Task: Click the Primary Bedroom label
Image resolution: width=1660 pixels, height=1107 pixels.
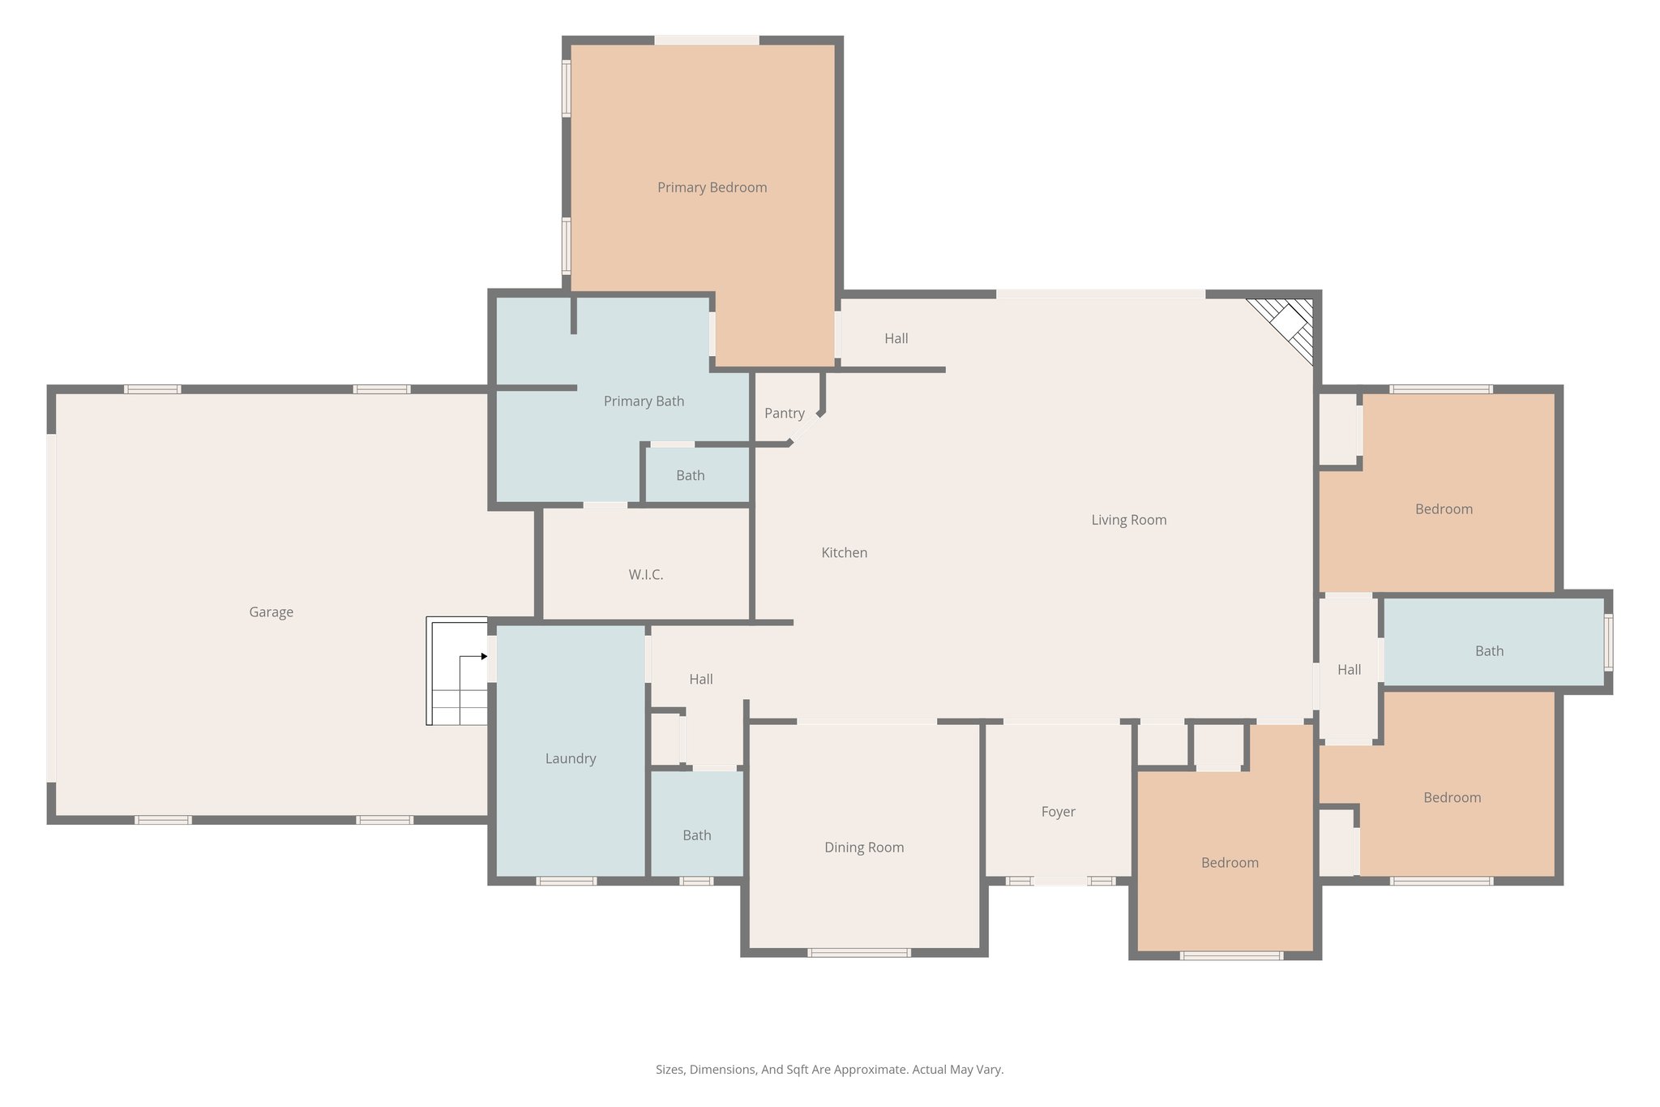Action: [712, 187]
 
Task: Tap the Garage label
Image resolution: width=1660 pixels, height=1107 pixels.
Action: [271, 612]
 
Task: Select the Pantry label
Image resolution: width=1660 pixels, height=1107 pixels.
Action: [784, 414]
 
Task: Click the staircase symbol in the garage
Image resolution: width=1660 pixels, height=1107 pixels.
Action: [457, 671]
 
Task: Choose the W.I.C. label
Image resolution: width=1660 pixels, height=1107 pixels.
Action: [645, 575]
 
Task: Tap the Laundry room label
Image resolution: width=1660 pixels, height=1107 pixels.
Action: [570, 759]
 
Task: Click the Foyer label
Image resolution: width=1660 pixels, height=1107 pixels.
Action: [1058, 812]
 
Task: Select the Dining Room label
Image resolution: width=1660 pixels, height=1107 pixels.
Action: [863, 847]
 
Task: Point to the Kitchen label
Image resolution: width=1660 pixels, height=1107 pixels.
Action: [844, 553]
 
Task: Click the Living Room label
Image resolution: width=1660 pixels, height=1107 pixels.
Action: [1128, 521]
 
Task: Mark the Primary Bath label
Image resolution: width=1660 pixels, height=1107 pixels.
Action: [644, 401]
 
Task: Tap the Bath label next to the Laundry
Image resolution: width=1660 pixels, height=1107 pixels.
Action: [696, 835]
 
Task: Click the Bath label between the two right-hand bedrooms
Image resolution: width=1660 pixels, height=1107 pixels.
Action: [1489, 651]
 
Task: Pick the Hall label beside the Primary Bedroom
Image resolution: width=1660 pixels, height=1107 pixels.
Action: [896, 339]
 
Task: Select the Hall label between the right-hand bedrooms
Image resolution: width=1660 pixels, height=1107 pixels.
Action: [1349, 670]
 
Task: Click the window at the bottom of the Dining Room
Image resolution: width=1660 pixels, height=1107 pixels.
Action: [858, 953]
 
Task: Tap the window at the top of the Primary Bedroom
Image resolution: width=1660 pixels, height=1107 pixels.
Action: [706, 40]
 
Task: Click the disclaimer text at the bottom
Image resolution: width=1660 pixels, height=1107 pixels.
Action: [829, 1070]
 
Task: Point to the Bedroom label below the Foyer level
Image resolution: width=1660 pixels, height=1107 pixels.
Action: [1230, 863]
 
